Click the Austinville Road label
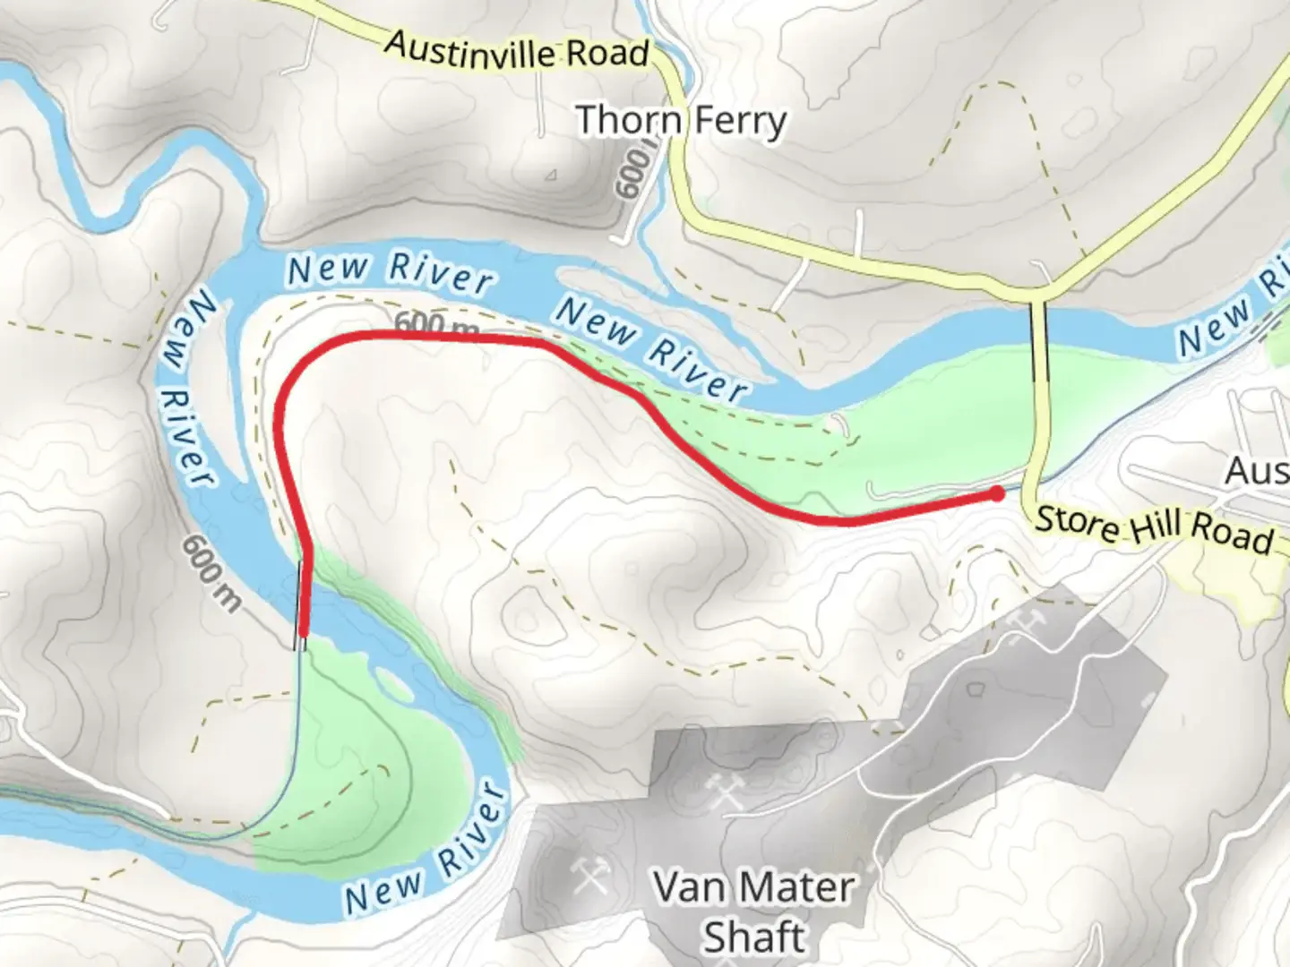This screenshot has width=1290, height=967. coord(517,50)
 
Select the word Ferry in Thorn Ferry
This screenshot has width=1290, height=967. coord(738,122)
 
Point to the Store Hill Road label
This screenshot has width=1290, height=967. coord(1154,529)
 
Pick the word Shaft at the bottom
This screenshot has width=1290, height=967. coord(753,937)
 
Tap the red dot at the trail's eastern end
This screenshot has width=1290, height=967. coord(997,492)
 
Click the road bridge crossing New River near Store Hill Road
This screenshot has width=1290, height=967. coord(1040,340)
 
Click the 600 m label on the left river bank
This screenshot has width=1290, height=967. coord(211,574)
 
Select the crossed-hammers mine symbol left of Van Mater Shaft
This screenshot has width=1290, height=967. coord(590,875)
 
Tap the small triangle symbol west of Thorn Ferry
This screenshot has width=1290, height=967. coord(551,175)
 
